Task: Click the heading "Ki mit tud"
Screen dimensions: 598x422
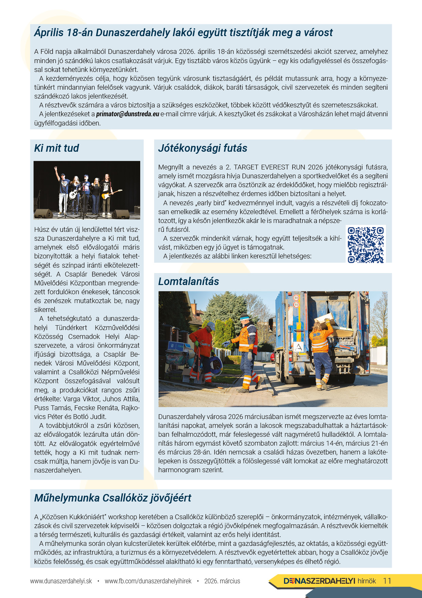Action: click(56, 148)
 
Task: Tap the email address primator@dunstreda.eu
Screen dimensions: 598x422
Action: click(128, 114)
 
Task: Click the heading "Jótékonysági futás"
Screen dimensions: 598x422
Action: click(202, 148)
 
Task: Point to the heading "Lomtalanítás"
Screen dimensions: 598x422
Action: click(189, 282)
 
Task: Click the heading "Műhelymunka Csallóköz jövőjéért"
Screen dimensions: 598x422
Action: click(113, 498)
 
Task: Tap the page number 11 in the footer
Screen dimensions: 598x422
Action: click(387, 581)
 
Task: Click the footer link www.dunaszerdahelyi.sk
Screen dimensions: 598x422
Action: click(61, 581)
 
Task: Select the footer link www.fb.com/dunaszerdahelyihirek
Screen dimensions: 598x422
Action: click(148, 581)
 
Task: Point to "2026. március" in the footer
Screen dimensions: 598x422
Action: click(222, 581)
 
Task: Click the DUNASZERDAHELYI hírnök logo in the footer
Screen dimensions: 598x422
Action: click(329, 581)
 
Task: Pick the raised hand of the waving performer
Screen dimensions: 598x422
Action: click(55, 169)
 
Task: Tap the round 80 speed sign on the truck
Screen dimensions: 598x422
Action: click(296, 298)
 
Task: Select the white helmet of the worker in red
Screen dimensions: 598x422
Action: click(211, 325)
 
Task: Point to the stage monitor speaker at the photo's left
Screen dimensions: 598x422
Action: click(43, 213)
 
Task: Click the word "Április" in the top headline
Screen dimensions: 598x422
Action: click(49, 33)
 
